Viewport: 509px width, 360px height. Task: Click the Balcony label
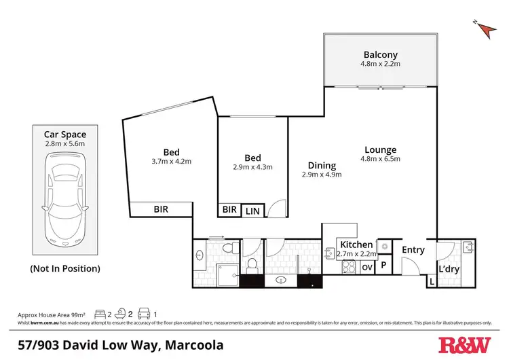coord(380,54)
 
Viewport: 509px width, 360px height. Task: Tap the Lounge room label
coord(380,150)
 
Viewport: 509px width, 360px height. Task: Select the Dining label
coord(321,165)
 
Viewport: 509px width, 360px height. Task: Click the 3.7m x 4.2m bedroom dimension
coord(170,162)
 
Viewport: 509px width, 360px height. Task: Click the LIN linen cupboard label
coord(252,211)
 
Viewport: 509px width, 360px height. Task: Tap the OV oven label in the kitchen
coord(366,267)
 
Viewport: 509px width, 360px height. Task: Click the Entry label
coord(413,250)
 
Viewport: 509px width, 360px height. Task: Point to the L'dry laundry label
coord(450,270)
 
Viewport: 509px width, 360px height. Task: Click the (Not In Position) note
coord(65,268)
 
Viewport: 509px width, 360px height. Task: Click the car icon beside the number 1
coord(143,314)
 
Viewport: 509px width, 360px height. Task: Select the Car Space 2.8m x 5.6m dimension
coord(65,144)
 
